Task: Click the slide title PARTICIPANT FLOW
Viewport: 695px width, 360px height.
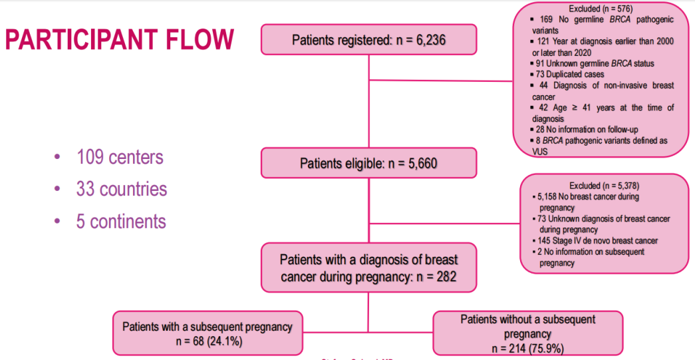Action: pyautogui.click(x=119, y=39)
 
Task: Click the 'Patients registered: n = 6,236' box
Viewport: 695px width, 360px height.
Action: pyautogui.click(x=368, y=40)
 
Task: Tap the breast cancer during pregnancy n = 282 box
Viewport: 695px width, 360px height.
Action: pyautogui.click(x=368, y=268)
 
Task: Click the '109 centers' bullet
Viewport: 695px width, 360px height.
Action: pyautogui.click(x=120, y=158)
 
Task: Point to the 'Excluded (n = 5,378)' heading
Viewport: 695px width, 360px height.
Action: pyautogui.click(x=603, y=186)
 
